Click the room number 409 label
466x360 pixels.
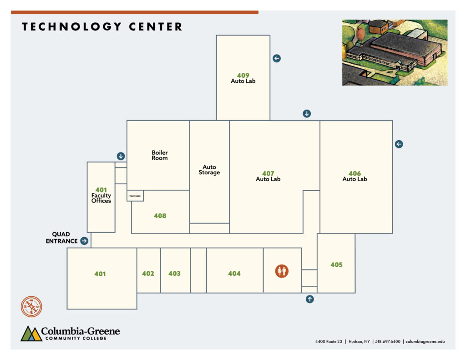(243, 76)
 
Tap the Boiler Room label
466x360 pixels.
(160, 155)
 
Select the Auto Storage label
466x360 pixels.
(209, 170)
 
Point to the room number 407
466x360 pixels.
(268, 173)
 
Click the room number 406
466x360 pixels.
(355, 173)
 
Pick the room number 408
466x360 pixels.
(160, 216)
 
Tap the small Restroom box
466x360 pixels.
(135, 196)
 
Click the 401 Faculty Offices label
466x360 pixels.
(101, 195)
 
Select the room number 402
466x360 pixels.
(148, 274)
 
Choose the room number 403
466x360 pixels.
(174, 274)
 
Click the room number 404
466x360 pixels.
(234, 274)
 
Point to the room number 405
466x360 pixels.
(336, 264)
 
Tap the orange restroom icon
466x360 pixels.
(282, 271)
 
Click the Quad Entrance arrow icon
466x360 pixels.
(84, 241)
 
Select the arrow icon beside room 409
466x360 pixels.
(277, 58)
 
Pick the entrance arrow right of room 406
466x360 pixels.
(399, 144)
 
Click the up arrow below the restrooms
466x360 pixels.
(309, 299)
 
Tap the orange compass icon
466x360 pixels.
(31, 306)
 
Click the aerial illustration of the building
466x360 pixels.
(395, 53)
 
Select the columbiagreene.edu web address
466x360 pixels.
(425, 342)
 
